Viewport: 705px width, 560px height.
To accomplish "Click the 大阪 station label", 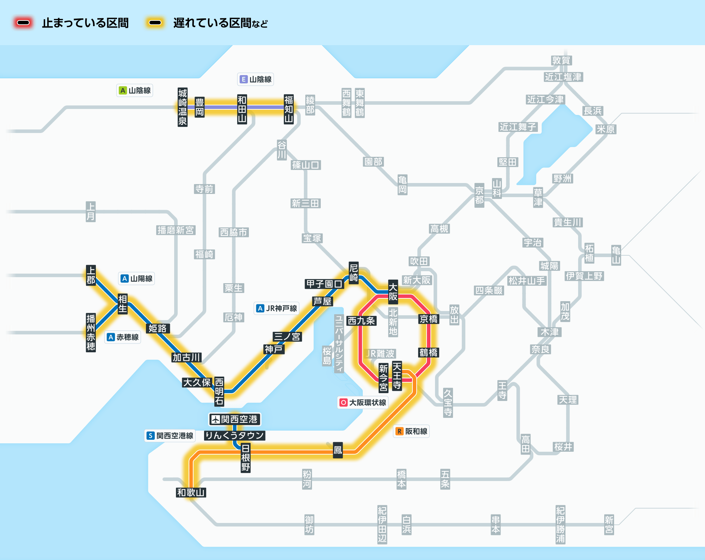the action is pyautogui.click(x=393, y=292).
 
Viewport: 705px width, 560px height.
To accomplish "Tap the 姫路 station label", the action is pyautogui.click(x=157, y=328).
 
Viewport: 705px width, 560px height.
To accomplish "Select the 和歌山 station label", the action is pyautogui.click(x=191, y=492).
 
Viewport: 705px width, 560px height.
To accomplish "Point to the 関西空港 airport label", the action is pyautogui.click(x=234, y=419).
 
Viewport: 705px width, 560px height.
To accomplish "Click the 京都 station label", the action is pyautogui.click(x=479, y=195).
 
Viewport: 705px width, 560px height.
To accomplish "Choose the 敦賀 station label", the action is pyautogui.click(x=561, y=60).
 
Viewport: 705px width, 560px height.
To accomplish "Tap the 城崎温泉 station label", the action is pyautogui.click(x=183, y=107).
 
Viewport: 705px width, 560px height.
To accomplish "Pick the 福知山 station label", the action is pyautogui.click(x=289, y=109).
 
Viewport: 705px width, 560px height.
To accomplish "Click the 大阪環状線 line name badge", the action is pyautogui.click(x=363, y=402).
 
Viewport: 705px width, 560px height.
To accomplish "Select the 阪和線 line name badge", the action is pyautogui.click(x=411, y=431).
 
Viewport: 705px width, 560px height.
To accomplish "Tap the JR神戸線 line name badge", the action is pyautogui.click(x=277, y=308).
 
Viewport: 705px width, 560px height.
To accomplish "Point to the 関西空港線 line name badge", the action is pyautogui.click(x=170, y=436).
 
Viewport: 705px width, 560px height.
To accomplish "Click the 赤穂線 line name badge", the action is pyautogui.click(x=123, y=337).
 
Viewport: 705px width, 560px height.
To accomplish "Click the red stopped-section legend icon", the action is pyautogui.click(x=23, y=23).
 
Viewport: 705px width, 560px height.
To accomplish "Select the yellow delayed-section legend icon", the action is pyautogui.click(x=155, y=23).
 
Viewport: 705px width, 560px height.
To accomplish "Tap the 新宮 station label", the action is pyautogui.click(x=609, y=525).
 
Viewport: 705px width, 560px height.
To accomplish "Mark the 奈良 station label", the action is pyautogui.click(x=541, y=349).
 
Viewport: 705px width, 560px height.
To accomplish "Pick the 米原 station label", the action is pyautogui.click(x=606, y=129).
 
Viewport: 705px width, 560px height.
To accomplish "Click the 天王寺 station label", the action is pyautogui.click(x=397, y=376).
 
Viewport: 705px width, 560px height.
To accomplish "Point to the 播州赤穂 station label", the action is pyautogui.click(x=91, y=333).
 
